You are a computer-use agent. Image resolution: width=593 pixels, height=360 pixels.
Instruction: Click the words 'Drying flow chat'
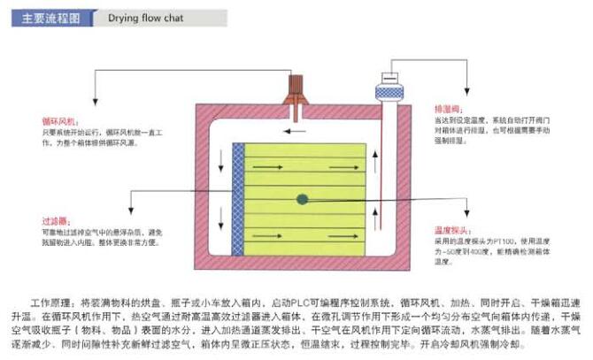point(146,18)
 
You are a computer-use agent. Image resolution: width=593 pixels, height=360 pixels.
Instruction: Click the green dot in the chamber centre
point(303,200)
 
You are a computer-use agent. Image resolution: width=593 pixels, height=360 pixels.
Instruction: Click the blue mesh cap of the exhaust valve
point(389,91)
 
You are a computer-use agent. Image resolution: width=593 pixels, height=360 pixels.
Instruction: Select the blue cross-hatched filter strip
point(238,199)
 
